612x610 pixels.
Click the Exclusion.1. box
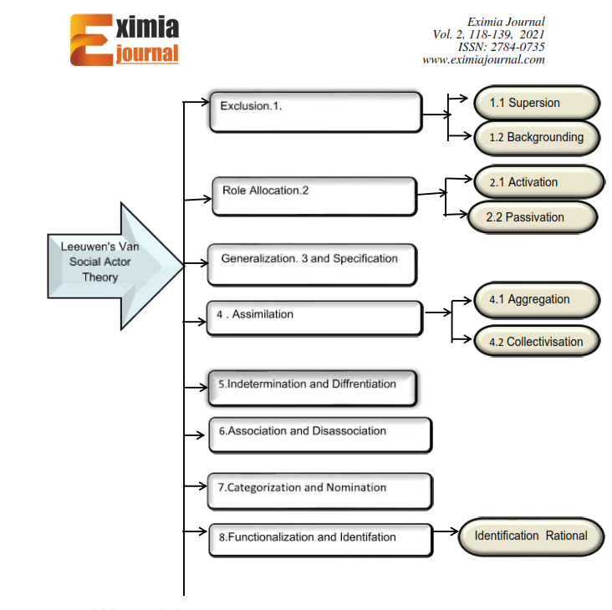pos(316,112)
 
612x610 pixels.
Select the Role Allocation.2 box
pos(314,196)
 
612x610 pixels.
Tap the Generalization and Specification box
pos(312,265)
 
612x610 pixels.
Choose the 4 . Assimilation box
pos(314,318)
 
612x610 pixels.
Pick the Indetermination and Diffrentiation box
pos(313,388)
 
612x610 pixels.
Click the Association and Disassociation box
pos(320,435)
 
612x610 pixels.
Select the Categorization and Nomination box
pos(320,491)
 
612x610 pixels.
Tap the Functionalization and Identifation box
pos(321,540)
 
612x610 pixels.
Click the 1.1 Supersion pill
pos(537,103)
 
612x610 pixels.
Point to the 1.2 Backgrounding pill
pos(537,138)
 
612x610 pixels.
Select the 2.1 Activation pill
pos(539,182)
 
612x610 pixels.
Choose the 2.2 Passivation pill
pos(533,217)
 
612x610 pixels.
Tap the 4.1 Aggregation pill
pos(537,299)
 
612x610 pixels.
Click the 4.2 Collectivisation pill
pos(537,341)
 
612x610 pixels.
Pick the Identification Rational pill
pos(531,536)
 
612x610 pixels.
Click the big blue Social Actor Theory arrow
pos(115,267)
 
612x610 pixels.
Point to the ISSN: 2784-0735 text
pos(501,47)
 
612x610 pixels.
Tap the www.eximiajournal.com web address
pos(483,59)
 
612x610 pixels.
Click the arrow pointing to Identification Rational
pos(446,531)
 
